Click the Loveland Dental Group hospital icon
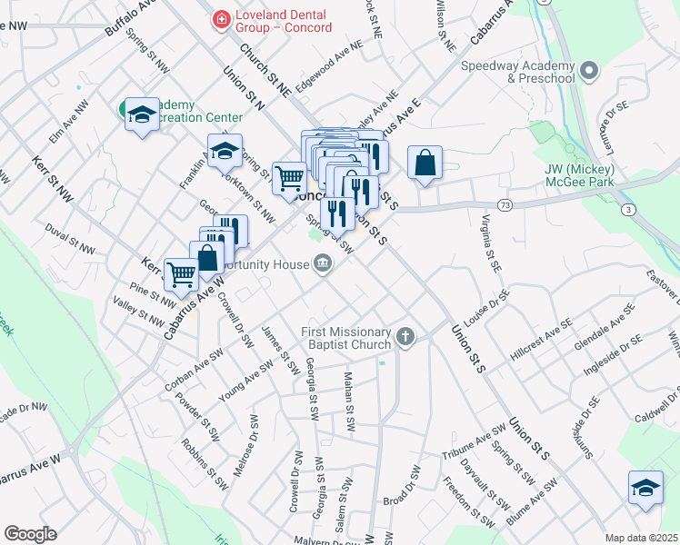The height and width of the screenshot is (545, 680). pyautogui.click(x=219, y=17)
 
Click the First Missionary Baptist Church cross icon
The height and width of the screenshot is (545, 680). pyautogui.click(x=405, y=339)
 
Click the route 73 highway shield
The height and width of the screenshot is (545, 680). pyautogui.click(x=504, y=204)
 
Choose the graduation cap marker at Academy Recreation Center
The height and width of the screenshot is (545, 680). pyautogui.click(x=142, y=114)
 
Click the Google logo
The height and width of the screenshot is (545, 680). pyautogui.click(x=30, y=534)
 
